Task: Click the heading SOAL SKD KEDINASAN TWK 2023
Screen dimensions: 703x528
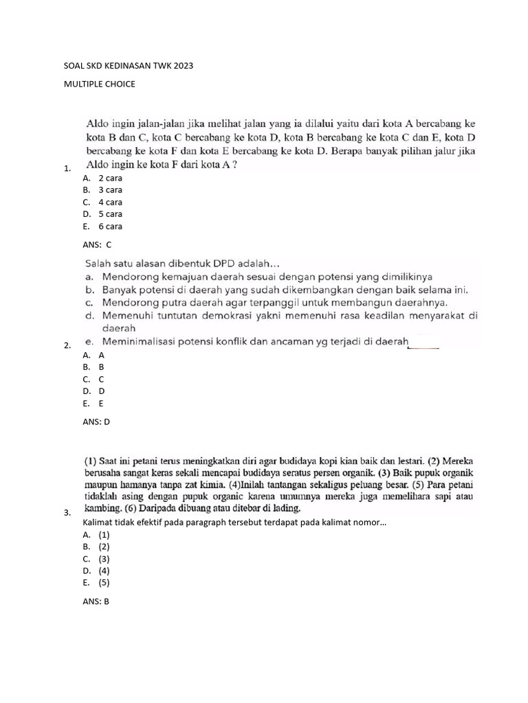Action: point(129,67)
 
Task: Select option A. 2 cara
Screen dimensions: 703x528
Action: point(102,178)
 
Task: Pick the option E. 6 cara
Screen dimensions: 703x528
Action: point(102,226)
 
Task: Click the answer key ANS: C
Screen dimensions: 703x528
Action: point(96,244)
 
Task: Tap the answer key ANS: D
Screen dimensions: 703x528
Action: point(96,422)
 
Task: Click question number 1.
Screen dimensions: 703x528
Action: point(66,168)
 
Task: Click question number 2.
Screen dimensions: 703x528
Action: point(66,346)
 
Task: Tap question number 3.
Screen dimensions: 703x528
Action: point(66,513)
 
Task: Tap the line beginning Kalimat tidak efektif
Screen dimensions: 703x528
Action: point(234,522)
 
